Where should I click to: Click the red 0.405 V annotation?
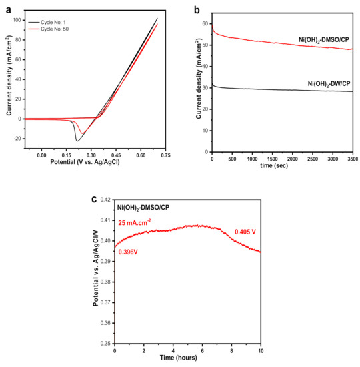point(245,232)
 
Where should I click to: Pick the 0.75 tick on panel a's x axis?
point(165,155)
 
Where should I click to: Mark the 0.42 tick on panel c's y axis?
point(104,200)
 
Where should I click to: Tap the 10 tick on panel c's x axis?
point(261,351)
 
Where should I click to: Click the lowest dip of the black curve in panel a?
point(77,141)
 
